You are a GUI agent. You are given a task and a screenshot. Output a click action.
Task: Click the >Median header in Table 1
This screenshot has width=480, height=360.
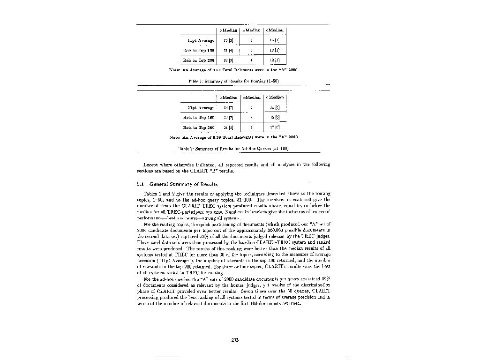pos(228,30)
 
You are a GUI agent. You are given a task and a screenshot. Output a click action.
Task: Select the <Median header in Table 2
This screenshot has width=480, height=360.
pos(275,97)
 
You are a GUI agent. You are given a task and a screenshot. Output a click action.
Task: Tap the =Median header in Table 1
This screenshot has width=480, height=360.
pos(252,30)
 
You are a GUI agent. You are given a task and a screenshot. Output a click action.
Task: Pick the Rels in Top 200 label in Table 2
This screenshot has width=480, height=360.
pos(198,127)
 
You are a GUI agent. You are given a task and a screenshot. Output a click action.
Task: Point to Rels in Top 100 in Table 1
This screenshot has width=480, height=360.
pos(198,51)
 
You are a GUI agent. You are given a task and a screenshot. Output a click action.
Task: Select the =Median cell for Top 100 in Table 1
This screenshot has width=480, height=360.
pos(252,51)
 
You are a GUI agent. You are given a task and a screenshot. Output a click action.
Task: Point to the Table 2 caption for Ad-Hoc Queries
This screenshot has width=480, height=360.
pos(233,148)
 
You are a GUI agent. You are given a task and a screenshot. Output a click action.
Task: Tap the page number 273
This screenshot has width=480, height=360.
pos(235,340)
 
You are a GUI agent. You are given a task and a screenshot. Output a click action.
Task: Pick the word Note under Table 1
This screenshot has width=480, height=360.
pos(175,70)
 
